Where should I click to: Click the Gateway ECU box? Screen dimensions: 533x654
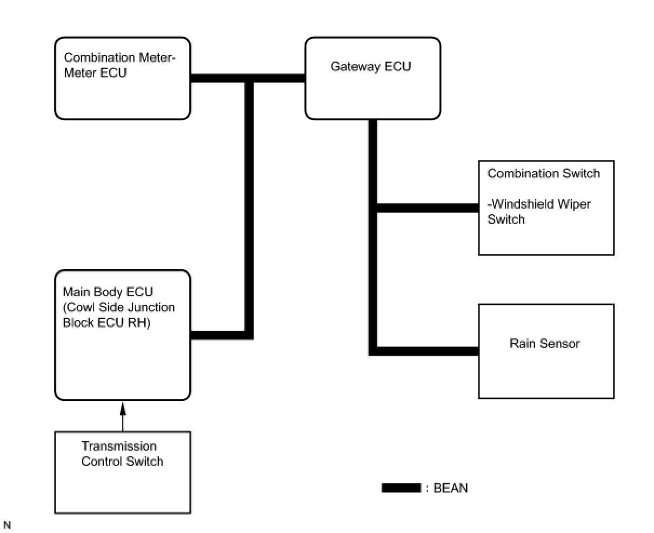(x=372, y=92)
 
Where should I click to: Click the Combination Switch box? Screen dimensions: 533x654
(x=546, y=238)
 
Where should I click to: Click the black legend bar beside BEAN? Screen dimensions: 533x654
(x=401, y=488)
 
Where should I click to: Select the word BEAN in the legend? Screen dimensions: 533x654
(x=451, y=488)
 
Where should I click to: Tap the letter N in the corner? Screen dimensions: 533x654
(x=7, y=525)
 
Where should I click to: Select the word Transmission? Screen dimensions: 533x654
(x=119, y=446)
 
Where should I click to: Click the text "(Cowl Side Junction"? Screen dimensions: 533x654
(x=119, y=307)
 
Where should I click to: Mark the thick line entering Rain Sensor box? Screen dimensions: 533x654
(x=427, y=351)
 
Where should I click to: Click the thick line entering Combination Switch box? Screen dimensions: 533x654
(x=427, y=208)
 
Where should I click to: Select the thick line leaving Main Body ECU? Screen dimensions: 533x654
(x=222, y=335)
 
